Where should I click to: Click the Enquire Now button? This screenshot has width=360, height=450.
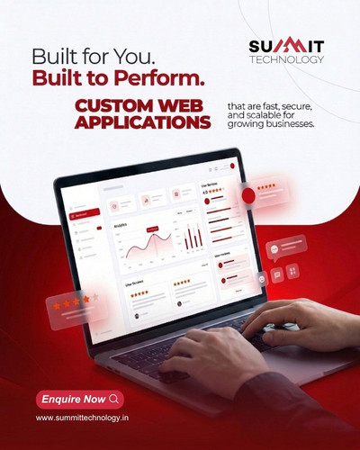coord(79,399)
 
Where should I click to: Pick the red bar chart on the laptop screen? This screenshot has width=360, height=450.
coord(192,238)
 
